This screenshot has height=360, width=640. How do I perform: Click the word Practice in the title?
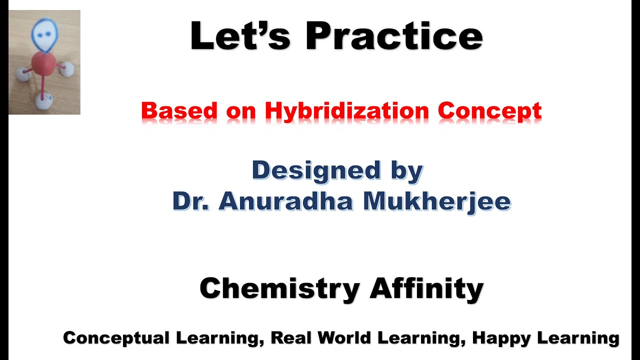(x=394, y=36)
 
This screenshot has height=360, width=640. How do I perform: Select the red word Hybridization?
(x=346, y=111)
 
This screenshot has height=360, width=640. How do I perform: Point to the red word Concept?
(x=490, y=111)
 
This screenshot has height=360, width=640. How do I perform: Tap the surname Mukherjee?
(x=436, y=201)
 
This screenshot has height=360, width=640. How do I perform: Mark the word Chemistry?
(x=279, y=288)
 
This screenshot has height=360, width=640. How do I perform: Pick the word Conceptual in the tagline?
(x=116, y=338)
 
